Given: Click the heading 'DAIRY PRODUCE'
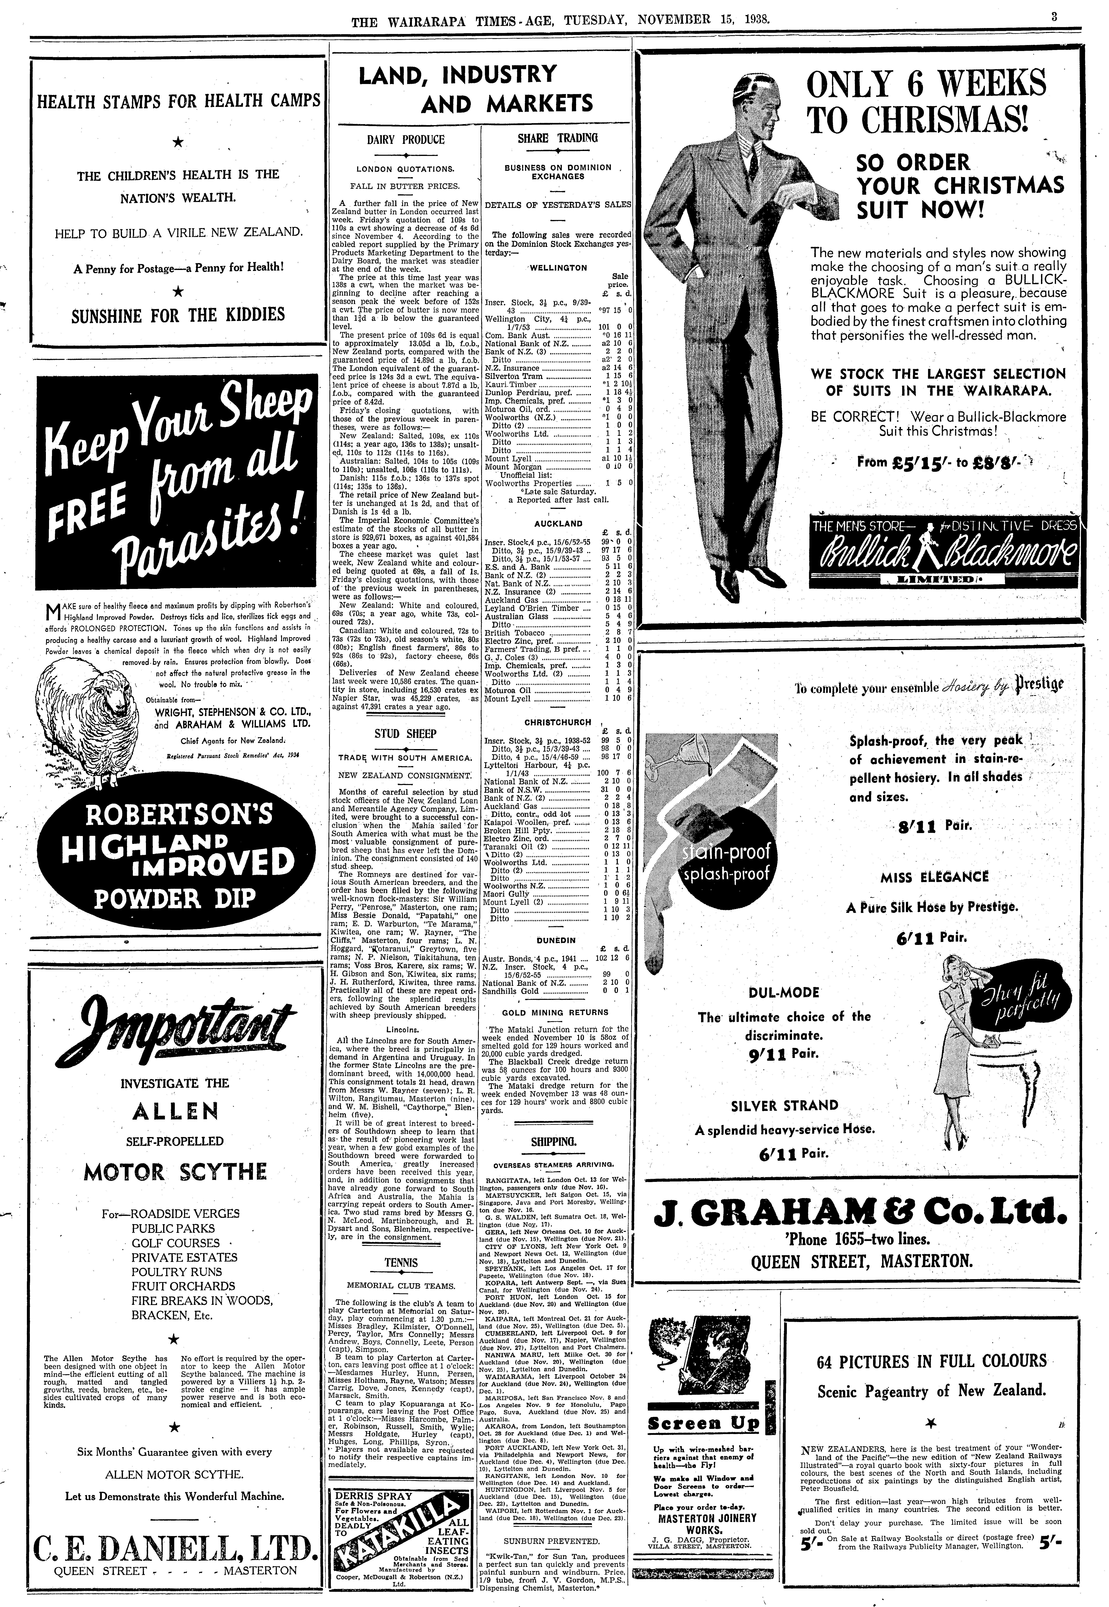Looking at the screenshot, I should (405, 140).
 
